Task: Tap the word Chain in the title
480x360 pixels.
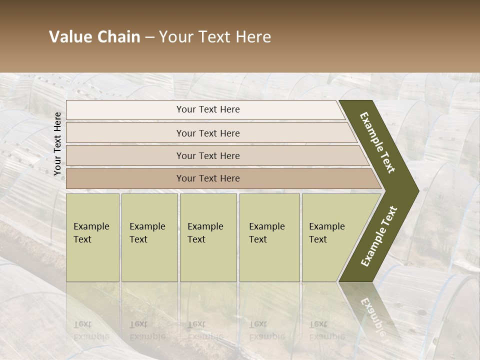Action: [118, 37]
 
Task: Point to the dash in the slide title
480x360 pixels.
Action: [149, 37]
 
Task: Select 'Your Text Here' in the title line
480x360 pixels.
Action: [214, 37]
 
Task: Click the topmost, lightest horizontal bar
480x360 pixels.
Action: [205, 109]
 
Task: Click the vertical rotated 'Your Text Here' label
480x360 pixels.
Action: [57, 143]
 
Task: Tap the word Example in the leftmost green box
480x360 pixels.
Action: [91, 226]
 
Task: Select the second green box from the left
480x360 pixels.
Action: [149, 237]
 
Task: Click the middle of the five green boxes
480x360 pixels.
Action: [208, 237]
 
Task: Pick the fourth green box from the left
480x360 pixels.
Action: [269, 237]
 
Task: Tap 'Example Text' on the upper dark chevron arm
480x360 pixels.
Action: [377, 142]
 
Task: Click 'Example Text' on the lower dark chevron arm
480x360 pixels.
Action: [379, 236]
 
